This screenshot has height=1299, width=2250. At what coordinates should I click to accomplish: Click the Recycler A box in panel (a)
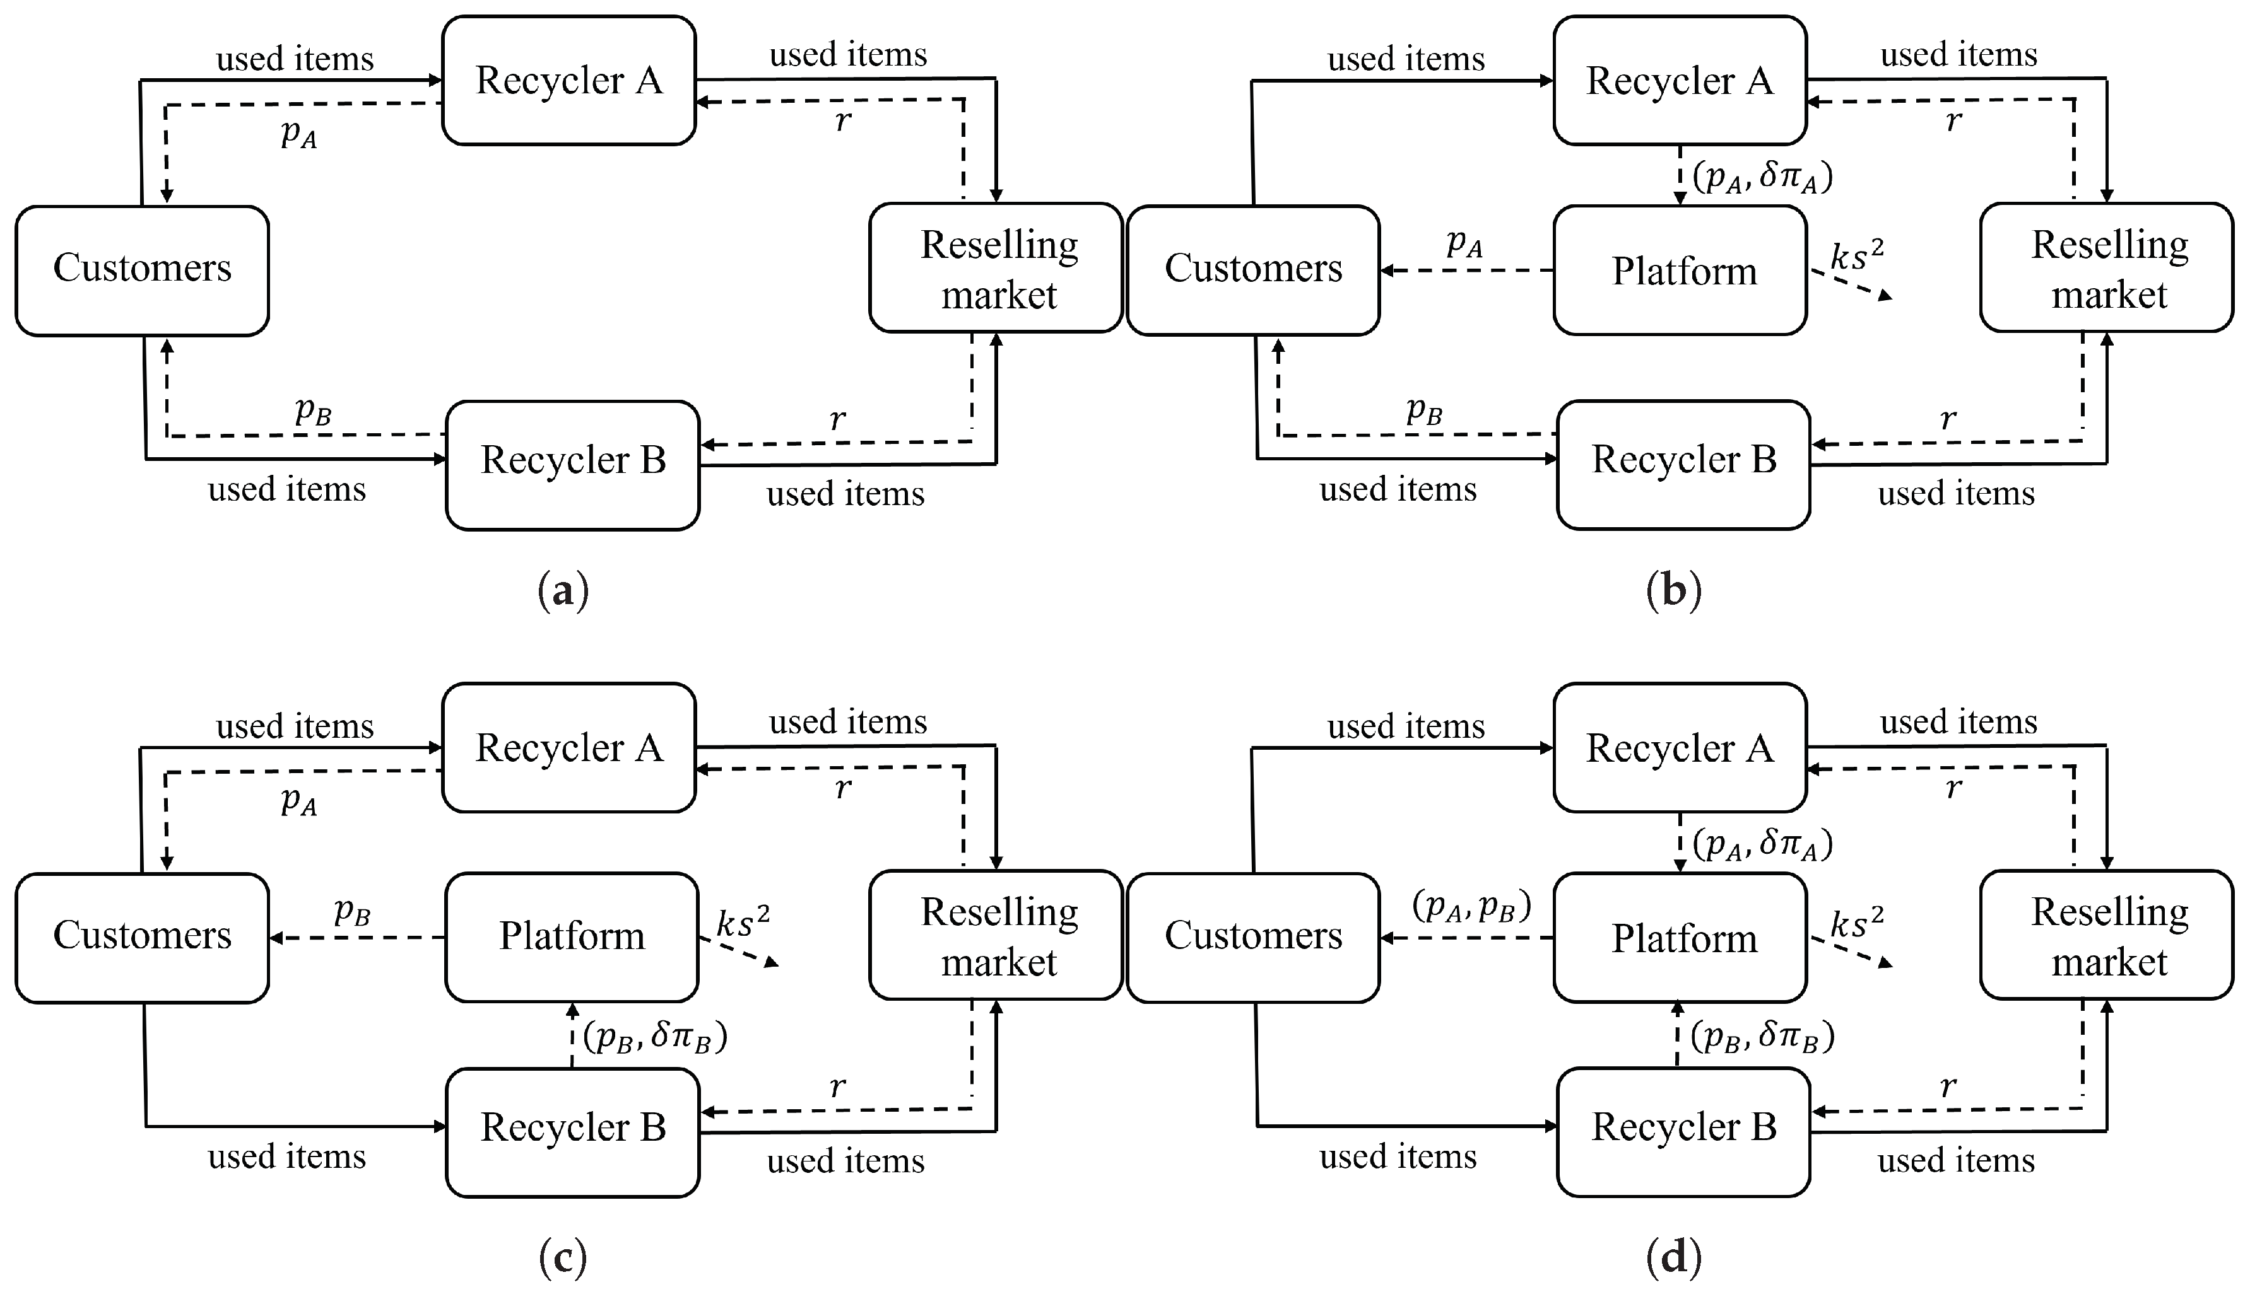(568, 80)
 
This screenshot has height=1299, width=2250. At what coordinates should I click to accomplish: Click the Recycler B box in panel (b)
(1683, 460)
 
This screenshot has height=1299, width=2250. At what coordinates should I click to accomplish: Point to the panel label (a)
(563, 591)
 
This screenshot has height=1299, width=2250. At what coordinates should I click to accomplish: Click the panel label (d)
(1673, 1258)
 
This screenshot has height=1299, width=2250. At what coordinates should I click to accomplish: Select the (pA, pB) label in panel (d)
(1471, 906)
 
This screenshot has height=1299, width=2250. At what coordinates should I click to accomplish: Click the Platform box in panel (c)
(571, 936)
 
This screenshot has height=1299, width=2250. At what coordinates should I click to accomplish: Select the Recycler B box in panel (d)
(1683, 1127)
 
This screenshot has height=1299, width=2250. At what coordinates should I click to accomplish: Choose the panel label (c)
(563, 1258)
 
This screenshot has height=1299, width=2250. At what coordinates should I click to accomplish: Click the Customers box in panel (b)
(1252, 269)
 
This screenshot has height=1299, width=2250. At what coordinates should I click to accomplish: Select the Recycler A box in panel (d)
(1680, 748)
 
